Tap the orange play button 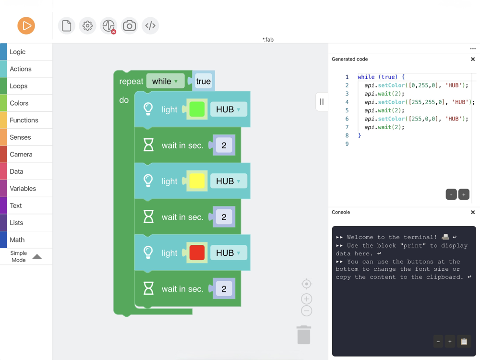tap(26, 26)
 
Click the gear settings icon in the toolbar tap(87, 26)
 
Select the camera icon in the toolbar tap(129, 26)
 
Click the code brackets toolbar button tap(150, 26)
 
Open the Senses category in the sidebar tap(20, 137)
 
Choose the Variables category tap(23, 189)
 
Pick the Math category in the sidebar tap(17, 240)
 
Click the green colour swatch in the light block tap(197, 109)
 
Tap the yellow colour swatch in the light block tap(197, 181)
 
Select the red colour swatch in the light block tap(197, 253)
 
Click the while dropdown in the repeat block tap(165, 82)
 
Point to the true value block tap(204, 82)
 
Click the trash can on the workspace tap(304, 335)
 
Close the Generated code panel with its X tap(473, 60)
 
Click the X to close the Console tap(473, 212)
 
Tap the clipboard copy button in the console tap(464, 342)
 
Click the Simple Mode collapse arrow tap(37, 257)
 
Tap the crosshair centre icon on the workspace tap(307, 284)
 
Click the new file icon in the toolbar tap(67, 26)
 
